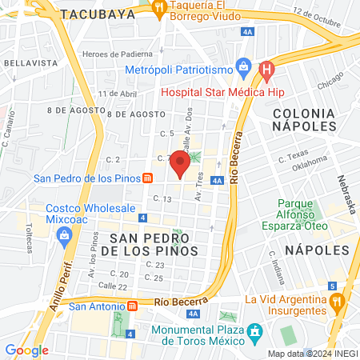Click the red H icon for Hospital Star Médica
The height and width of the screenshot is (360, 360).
[x=267, y=72]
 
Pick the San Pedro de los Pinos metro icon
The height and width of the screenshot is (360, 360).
[x=148, y=177]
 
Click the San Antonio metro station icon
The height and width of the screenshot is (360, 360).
[x=133, y=306]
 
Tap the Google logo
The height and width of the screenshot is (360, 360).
[x=26, y=350]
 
